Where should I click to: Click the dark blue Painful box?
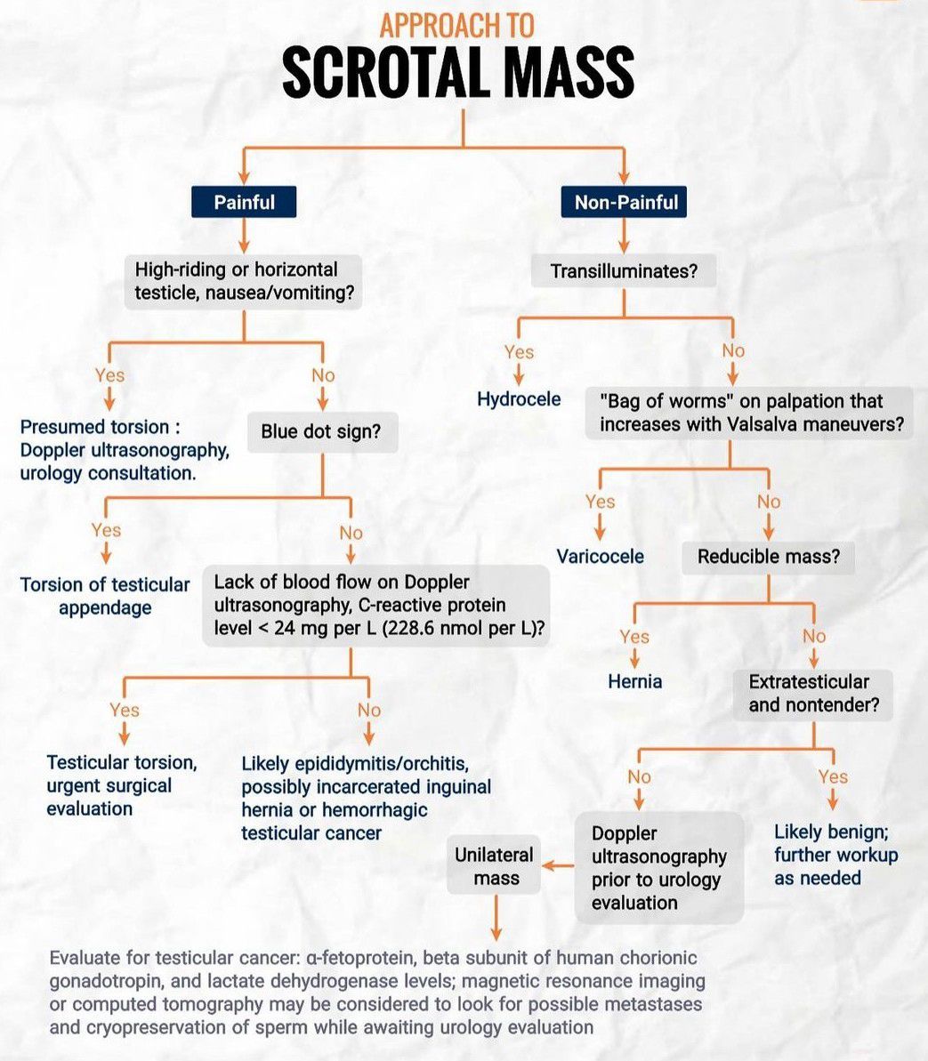tap(244, 203)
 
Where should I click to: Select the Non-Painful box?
tap(625, 203)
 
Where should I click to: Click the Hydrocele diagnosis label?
tap(519, 399)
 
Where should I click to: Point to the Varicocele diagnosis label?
tap(600, 557)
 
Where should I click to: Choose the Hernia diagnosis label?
tap(634, 682)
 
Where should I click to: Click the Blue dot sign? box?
tap(320, 432)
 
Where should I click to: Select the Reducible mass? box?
tap(768, 557)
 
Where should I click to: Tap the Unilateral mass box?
tap(495, 866)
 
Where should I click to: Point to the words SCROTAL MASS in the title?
tap(458, 73)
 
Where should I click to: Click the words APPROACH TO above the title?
tap(457, 25)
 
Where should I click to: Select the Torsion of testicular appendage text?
tap(105, 596)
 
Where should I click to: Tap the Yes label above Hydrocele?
tap(519, 352)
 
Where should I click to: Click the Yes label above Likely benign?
tap(833, 776)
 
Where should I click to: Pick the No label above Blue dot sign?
tap(323, 375)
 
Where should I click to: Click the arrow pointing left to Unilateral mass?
tap(558, 865)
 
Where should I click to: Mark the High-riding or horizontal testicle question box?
tap(243, 281)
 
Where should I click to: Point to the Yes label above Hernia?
tap(634, 637)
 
